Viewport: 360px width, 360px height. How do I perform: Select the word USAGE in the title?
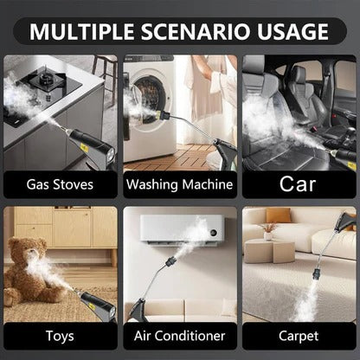pyautogui.click(x=293, y=33)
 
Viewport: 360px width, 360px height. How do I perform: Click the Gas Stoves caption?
pyautogui.click(x=60, y=183)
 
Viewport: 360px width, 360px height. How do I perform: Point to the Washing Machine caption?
pyautogui.click(x=179, y=183)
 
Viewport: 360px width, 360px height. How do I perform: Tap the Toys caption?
pyautogui.click(x=60, y=336)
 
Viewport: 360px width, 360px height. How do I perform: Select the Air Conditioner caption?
pyautogui.click(x=179, y=336)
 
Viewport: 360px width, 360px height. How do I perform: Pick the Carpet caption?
pyautogui.click(x=299, y=336)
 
